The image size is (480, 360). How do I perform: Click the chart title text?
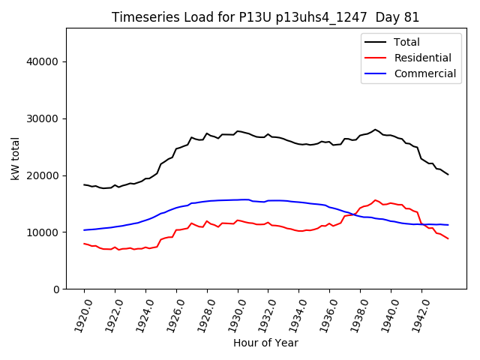coord(265,17)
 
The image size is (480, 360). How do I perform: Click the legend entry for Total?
coord(406,43)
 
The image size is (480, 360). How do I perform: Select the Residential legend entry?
coord(422,58)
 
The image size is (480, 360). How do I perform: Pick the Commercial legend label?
coord(424,73)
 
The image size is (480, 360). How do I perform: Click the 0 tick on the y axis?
coord(56,289)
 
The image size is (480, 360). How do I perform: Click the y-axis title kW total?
coord(16,159)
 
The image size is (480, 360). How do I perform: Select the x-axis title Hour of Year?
coord(265,343)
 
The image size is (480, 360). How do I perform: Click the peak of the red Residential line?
coord(375,200)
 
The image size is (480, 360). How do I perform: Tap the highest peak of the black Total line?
coord(375,130)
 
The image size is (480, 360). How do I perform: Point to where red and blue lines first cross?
coord(352,214)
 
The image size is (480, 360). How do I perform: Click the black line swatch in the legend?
coord(376,43)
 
